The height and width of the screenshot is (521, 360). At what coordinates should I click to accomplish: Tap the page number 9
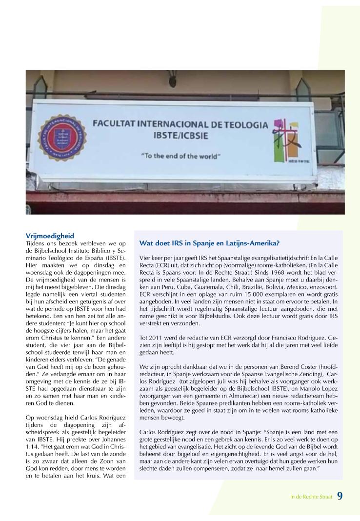(x=340, y=496)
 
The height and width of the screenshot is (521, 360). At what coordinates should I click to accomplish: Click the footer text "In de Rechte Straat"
(x=311, y=497)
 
